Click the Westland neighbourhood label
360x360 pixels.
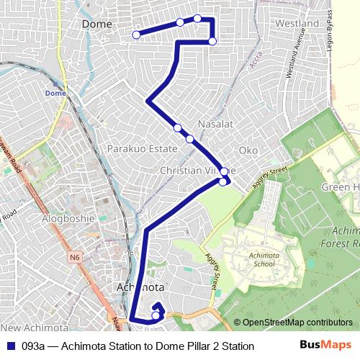click(297, 24)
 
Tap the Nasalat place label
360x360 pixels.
click(216, 124)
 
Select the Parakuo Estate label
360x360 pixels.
click(142, 148)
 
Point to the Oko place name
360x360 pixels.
click(248, 150)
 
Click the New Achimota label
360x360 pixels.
click(29, 308)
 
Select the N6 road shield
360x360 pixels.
click(76, 256)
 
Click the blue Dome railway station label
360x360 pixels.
click(55, 94)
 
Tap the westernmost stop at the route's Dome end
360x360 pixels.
click(136, 35)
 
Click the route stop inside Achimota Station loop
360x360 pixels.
click(156, 315)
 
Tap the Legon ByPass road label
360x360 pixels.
click(330, 29)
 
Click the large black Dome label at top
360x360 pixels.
click(97, 24)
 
